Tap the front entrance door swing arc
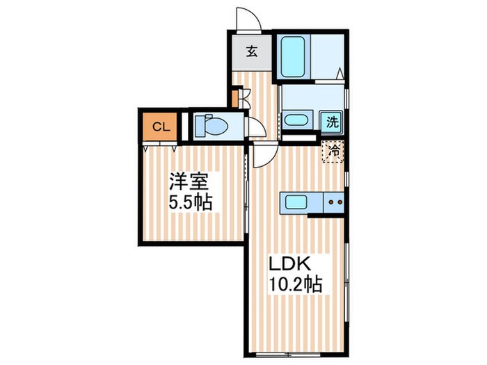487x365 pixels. click(x=248, y=19)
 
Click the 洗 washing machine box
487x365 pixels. click(x=333, y=122)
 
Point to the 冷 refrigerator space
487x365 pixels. click(x=333, y=150)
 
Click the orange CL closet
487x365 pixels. click(x=159, y=127)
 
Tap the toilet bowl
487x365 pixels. click(x=210, y=126)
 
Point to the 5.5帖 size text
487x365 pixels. click(x=189, y=204)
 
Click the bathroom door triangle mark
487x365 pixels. click(x=339, y=72)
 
